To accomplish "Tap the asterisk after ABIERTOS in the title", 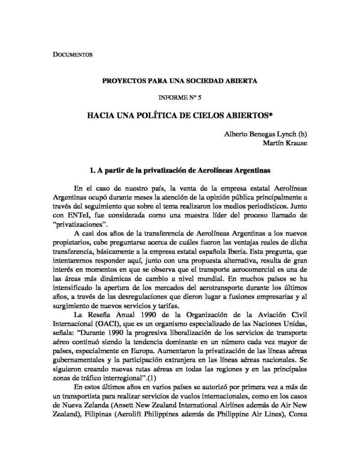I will coord(271,115).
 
